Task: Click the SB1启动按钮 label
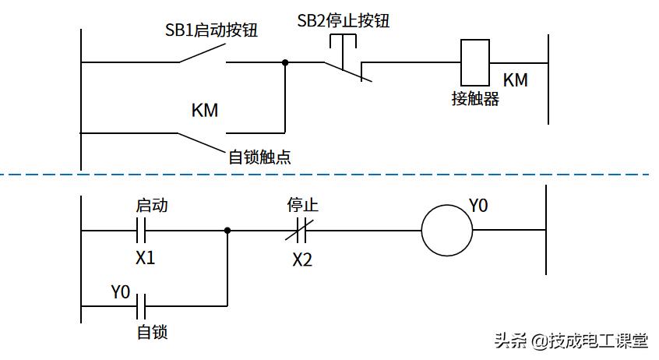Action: tap(211, 31)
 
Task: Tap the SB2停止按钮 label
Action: tap(344, 21)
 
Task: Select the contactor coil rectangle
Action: tap(474, 62)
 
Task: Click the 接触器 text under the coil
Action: tap(474, 99)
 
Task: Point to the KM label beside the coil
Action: tap(515, 79)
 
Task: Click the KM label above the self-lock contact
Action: tap(205, 111)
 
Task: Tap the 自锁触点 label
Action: tap(259, 157)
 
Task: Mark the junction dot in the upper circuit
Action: tap(285, 62)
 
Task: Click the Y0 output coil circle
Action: tap(447, 231)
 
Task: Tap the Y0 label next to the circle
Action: tap(478, 206)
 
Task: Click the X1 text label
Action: tap(145, 257)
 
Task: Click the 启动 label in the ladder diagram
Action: tap(152, 206)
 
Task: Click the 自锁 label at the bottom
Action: tap(152, 333)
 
